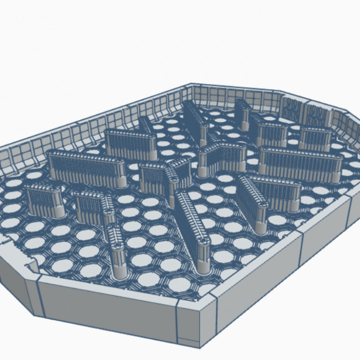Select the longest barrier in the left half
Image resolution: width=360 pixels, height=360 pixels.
pyautogui.click(x=86, y=166)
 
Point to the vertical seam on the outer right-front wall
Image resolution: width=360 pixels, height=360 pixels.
pyautogui.click(x=302, y=250)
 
